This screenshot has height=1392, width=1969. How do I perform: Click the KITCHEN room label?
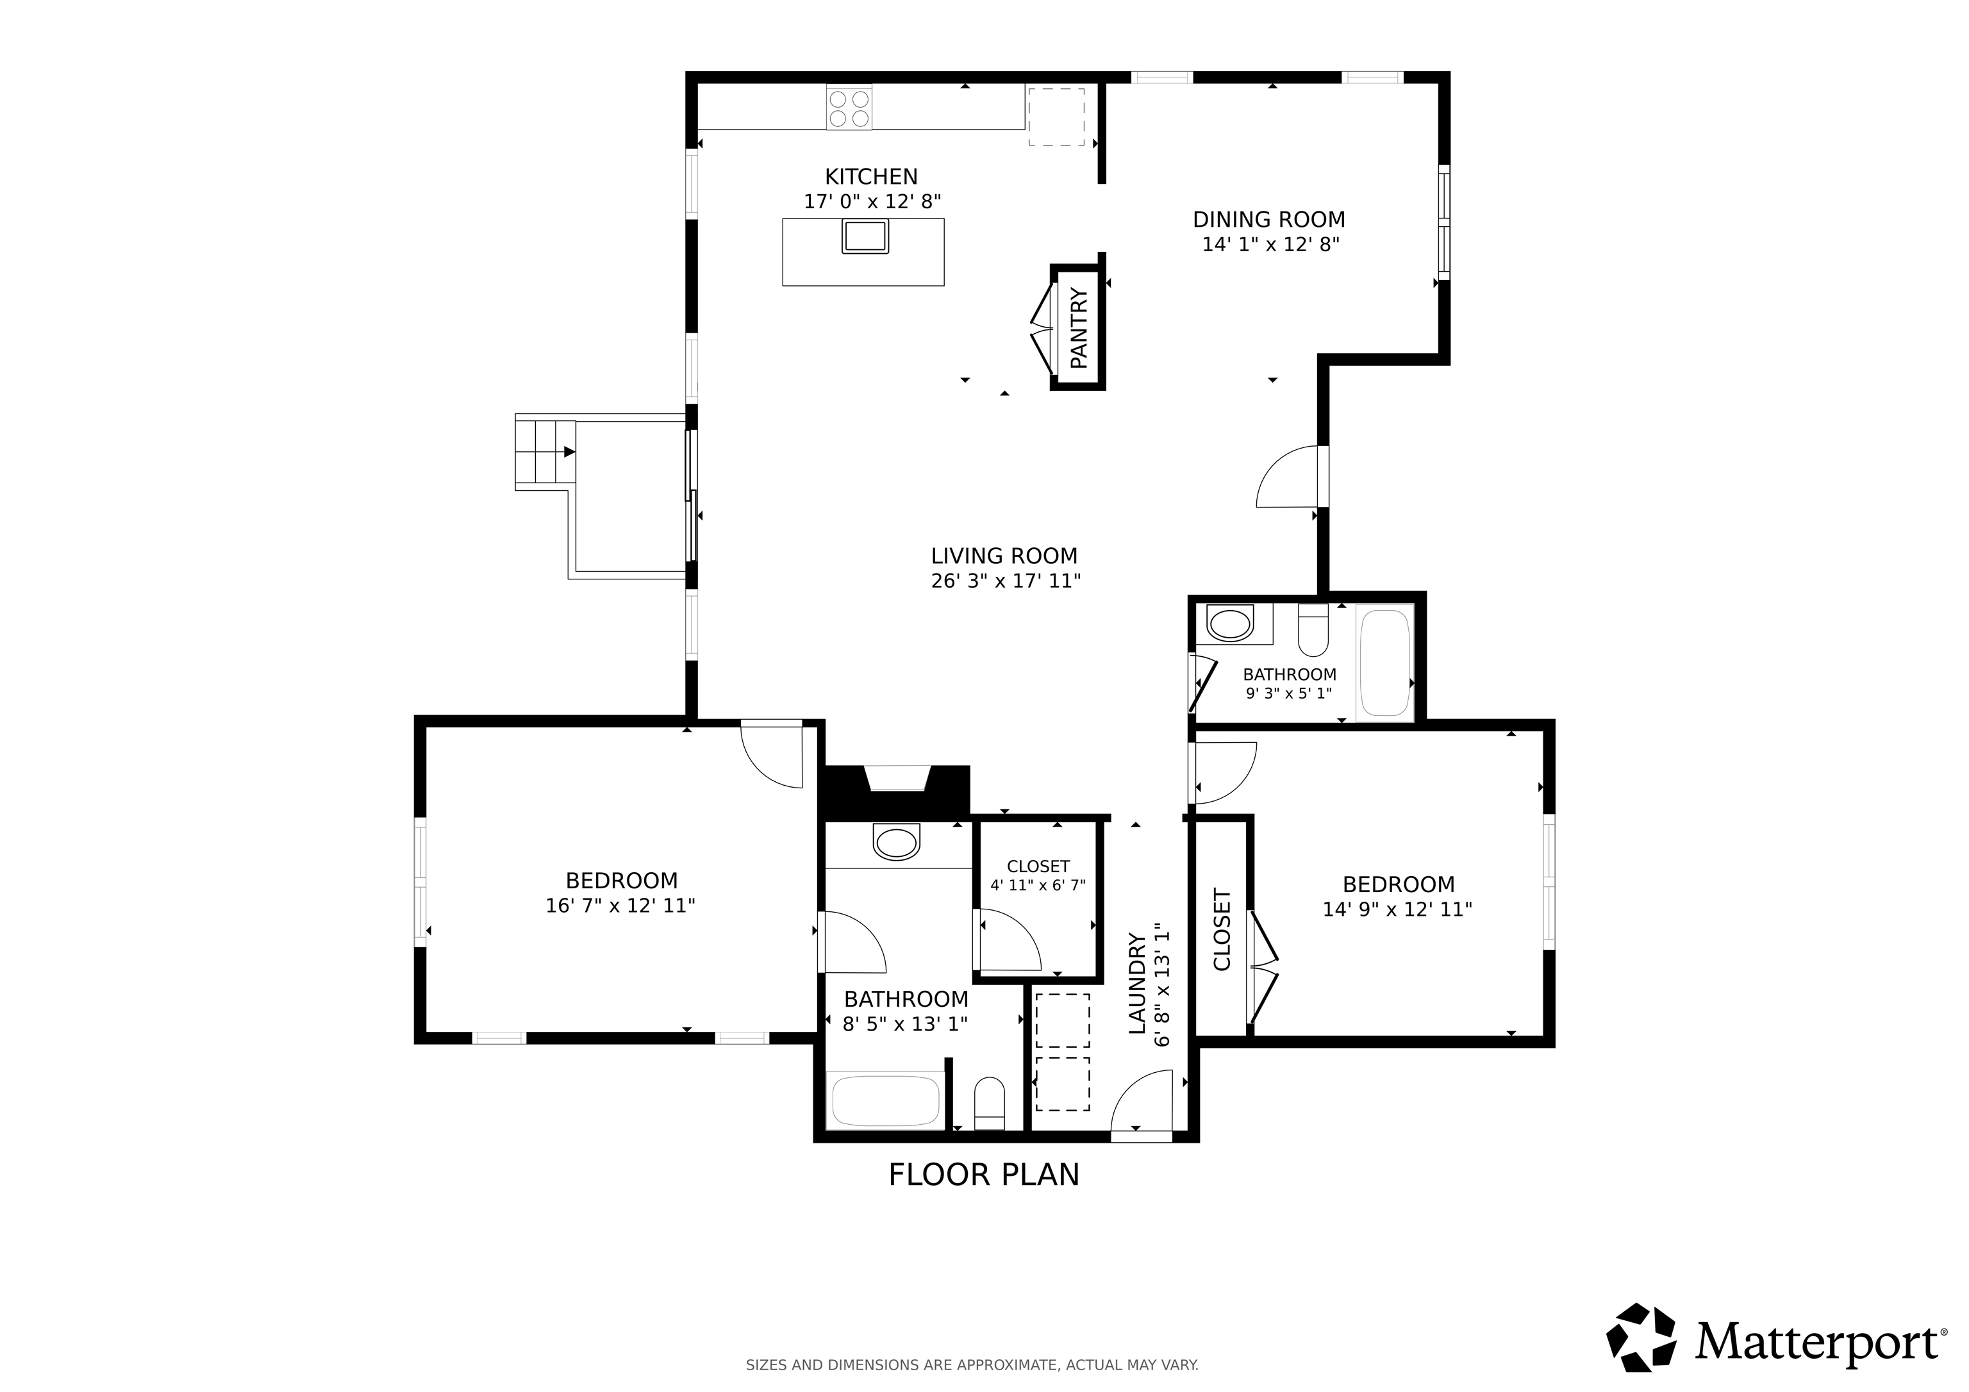(871, 177)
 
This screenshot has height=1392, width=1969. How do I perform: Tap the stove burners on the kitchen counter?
(849, 108)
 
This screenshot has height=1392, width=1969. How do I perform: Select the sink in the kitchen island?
(865, 236)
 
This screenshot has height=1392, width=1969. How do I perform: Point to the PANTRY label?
(1079, 329)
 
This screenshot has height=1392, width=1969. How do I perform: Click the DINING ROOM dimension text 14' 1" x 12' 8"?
(1270, 244)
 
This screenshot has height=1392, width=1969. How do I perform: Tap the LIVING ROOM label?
(1004, 556)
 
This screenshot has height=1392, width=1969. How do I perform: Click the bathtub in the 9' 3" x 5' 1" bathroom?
(1385, 662)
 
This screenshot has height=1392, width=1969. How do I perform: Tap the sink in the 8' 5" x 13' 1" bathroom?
(896, 841)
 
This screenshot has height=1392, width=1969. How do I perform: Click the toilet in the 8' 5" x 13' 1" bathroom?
(990, 1106)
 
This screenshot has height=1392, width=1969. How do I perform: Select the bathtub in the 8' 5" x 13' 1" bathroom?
(886, 1100)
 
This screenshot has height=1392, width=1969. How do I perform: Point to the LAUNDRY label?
(1136, 984)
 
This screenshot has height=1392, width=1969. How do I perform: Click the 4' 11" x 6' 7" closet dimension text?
(1038, 885)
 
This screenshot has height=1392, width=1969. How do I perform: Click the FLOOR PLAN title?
(984, 1175)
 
